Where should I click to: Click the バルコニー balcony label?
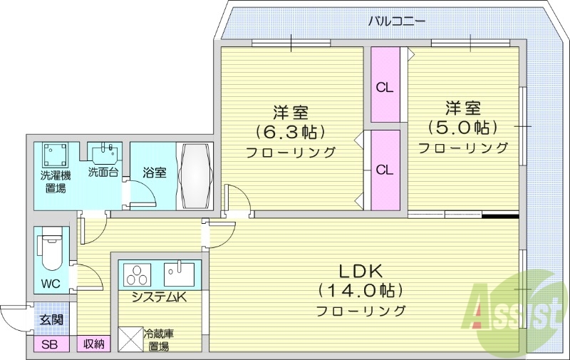pos(397,21)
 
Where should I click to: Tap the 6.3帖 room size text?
pos(291,132)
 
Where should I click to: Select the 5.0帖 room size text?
pos(462,128)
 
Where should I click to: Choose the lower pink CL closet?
pos(385,170)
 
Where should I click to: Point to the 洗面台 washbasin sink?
pos(104,154)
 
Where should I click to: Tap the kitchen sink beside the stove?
pos(178,274)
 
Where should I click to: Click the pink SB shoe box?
pos(51,345)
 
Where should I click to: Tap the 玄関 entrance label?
pos(51,319)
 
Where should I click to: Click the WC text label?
pos(50,284)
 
